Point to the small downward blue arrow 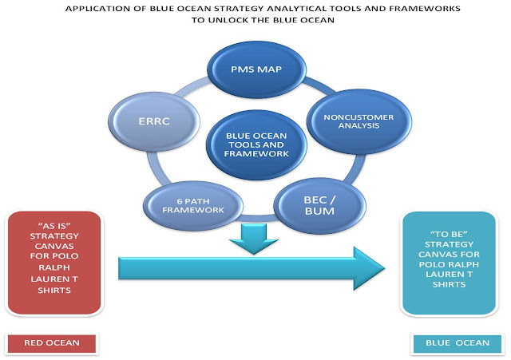click(x=252, y=239)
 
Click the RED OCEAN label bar click(x=53, y=344)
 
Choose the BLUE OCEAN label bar click(x=451, y=344)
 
